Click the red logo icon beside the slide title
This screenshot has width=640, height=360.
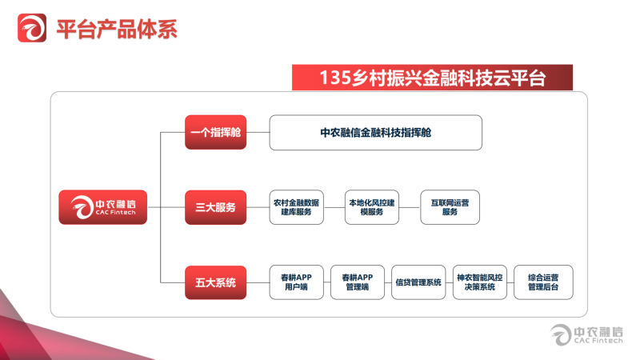(x=32, y=28)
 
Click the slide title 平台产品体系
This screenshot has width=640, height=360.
(x=117, y=30)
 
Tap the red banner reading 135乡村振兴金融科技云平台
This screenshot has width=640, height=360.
(x=432, y=78)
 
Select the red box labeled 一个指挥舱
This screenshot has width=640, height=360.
(x=215, y=132)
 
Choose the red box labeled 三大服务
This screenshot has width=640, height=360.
(x=215, y=207)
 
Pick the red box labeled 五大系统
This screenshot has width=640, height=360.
(x=215, y=282)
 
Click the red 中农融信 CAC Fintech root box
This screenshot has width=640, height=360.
(x=103, y=207)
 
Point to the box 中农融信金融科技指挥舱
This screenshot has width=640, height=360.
(x=375, y=133)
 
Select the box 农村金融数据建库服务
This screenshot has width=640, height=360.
(x=296, y=207)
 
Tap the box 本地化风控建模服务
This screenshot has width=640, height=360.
(x=372, y=207)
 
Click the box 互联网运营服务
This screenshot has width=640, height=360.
(x=450, y=207)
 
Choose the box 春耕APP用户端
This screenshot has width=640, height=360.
(x=296, y=282)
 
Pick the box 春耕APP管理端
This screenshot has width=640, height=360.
(x=358, y=282)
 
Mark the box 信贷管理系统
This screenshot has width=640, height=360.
(x=418, y=282)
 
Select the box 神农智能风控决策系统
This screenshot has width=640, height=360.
(x=480, y=282)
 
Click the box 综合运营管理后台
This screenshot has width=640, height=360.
(x=543, y=282)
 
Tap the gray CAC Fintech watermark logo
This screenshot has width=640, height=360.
(x=586, y=335)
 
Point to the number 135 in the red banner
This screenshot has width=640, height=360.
(x=334, y=78)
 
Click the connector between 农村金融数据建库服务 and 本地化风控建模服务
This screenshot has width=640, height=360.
(x=334, y=207)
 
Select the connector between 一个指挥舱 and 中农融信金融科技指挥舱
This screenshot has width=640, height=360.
(x=258, y=132)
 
